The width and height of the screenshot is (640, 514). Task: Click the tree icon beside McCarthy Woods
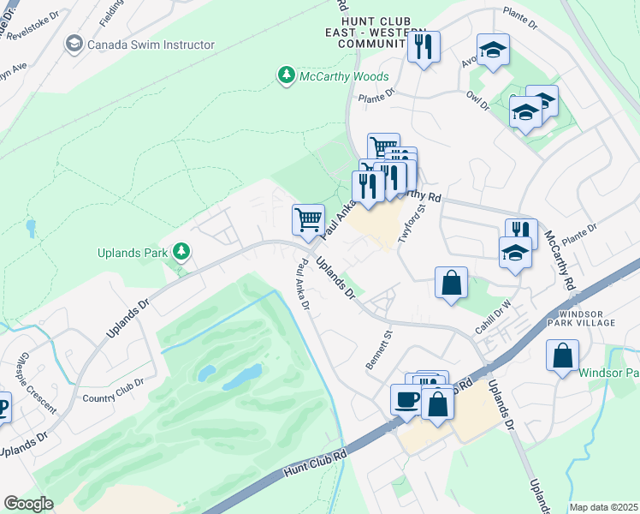click(286, 76)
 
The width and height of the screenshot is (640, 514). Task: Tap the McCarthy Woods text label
click(343, 77)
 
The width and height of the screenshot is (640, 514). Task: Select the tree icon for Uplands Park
click(181, 251)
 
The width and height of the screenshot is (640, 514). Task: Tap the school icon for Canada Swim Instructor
click(74, 44)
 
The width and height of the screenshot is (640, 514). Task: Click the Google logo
click(28, 503)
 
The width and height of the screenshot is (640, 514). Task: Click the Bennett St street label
click(377, 350)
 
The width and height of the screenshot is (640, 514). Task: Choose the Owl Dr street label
click(478, 99)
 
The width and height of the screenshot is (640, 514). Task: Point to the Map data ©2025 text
click(603, 507)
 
